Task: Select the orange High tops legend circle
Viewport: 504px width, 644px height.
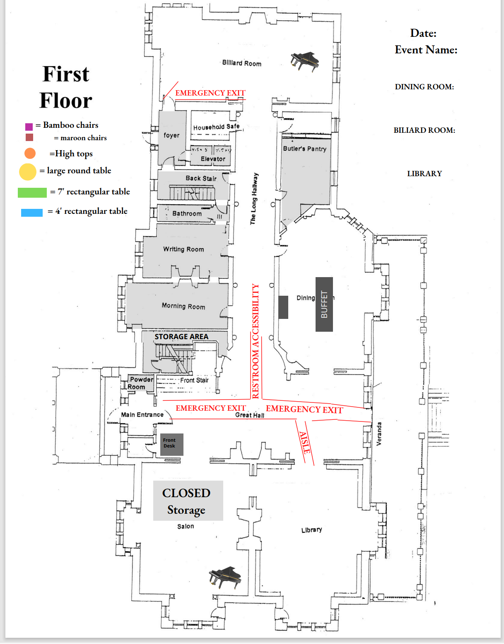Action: click(30, 153)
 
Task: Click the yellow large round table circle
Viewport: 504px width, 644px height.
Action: click(28, 172)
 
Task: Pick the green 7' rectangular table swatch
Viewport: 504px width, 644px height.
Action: click(32, 192)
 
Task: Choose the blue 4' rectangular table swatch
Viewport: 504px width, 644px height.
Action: click(32, 213)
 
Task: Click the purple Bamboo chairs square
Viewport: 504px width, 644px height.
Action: click(29, 127)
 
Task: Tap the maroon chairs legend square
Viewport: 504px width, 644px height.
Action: click(29, 137)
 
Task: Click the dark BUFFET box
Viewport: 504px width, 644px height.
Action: click(324, 304)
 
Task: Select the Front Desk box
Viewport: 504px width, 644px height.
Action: click(171, 444)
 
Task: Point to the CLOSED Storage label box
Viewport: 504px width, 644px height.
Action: click(188, 500)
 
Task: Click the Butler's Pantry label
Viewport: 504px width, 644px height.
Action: click(305, 149)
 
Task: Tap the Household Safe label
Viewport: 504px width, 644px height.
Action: click(216, 127)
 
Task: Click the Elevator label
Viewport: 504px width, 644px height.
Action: click(213, 159)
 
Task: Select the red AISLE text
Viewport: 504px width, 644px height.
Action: click(305, 443)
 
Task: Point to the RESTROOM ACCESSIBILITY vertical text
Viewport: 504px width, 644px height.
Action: click(256, 341)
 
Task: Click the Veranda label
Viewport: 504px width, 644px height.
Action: click(379, 433)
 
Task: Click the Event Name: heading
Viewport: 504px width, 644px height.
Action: click(426, 50)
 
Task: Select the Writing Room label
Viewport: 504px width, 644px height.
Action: click(183, 249)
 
